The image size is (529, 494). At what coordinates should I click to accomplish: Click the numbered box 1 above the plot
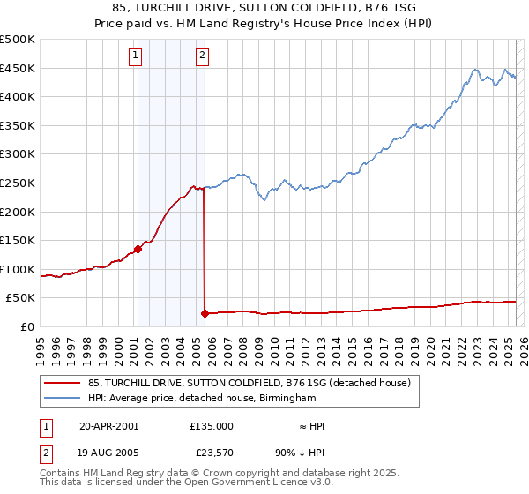136,56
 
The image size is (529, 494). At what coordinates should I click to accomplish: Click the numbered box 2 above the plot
202,56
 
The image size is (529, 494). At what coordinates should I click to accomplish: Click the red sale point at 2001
138,249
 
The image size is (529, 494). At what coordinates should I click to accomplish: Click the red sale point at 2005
205,313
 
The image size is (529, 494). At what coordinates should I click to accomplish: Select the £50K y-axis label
21,298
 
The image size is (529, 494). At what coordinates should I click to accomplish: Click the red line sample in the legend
63,384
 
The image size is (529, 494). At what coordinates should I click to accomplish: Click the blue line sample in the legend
63,399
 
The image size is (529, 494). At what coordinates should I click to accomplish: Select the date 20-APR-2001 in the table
108,425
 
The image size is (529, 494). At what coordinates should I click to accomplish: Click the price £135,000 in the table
212,425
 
